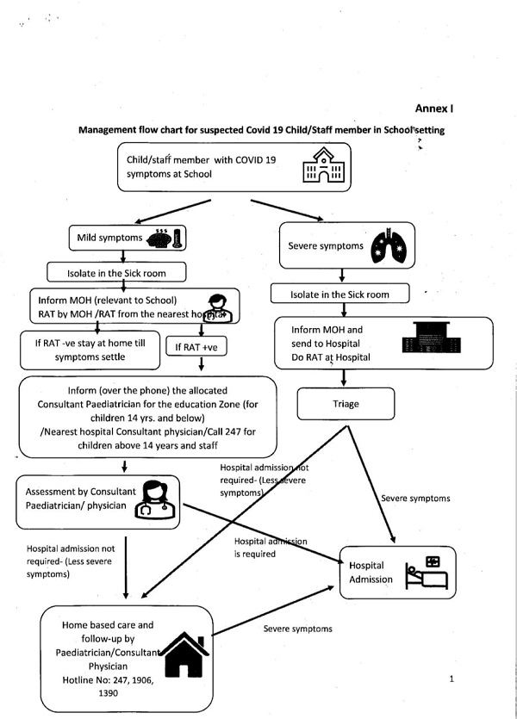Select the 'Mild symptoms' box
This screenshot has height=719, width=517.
pyautogui.click(x=128, y=238)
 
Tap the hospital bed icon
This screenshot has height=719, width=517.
pyautogui.click(x=429, y=572)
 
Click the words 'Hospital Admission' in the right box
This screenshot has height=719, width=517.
pyautogui.click(x=371, y=573)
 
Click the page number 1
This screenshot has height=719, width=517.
pyautogui.click(x=452, y=679)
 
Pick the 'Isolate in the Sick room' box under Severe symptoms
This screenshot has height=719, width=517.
pyautogui.click(x=343, y=294)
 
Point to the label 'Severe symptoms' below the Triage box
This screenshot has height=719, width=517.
pyautogui.click(x=414, y=498)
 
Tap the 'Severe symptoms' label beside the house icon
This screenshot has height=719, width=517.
pyautogui.click(x=297, y=629)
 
